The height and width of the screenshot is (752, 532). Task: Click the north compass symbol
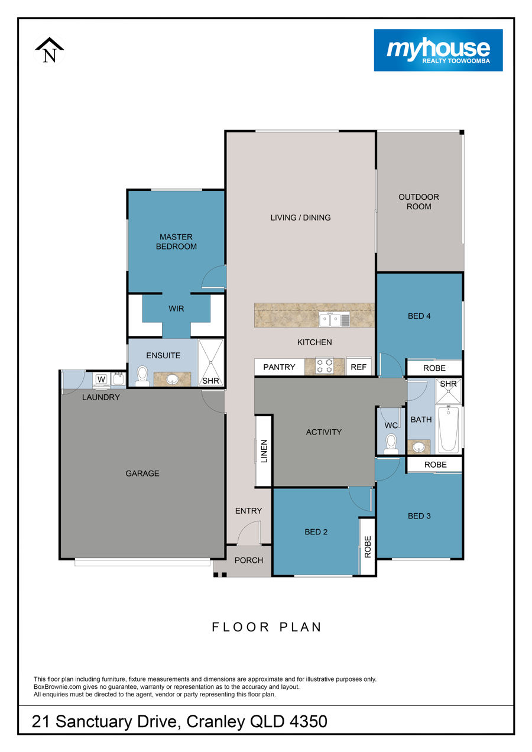click(x=49, y=50)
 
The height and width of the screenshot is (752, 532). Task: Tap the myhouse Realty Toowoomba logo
click(x=438, y=50)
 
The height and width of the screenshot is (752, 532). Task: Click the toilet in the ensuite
click(x=142, y=376)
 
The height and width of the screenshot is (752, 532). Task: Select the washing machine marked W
click(x=101, y=380)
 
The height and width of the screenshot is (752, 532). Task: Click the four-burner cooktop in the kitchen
click(x=325, y=366)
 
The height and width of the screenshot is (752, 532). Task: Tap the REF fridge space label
click(x=358, y=367)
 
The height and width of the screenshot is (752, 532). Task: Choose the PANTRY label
click(x=279, y=367)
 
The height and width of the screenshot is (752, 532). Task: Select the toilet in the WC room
click(x=391, y=443)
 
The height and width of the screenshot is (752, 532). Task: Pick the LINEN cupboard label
click(x=264, y=451)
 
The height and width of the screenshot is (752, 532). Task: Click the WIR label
click(x=176, y=309)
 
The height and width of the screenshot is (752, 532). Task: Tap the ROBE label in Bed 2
click(x=368, y=547)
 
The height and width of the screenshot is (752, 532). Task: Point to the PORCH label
click(x=249, y=560)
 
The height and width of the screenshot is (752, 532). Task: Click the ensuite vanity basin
click(x=173, y=380)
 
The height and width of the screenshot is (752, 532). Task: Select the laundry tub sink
click(x=118, y=379)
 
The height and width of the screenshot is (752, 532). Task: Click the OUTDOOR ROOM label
click(x=419, y=202)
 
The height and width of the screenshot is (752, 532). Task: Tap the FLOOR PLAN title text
click(x=267, y=627)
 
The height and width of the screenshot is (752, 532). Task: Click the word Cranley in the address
click(x=216, y=721)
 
